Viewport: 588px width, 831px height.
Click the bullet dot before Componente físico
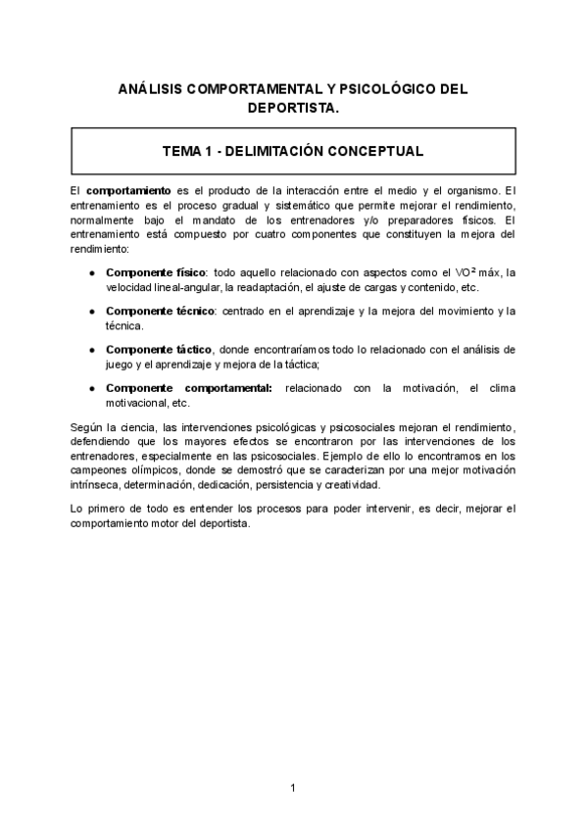click(91, 271)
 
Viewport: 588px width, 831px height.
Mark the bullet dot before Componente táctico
click(91, 350)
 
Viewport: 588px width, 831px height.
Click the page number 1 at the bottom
click(293, 788)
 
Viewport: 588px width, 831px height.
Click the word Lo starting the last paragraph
click(78, 509)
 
